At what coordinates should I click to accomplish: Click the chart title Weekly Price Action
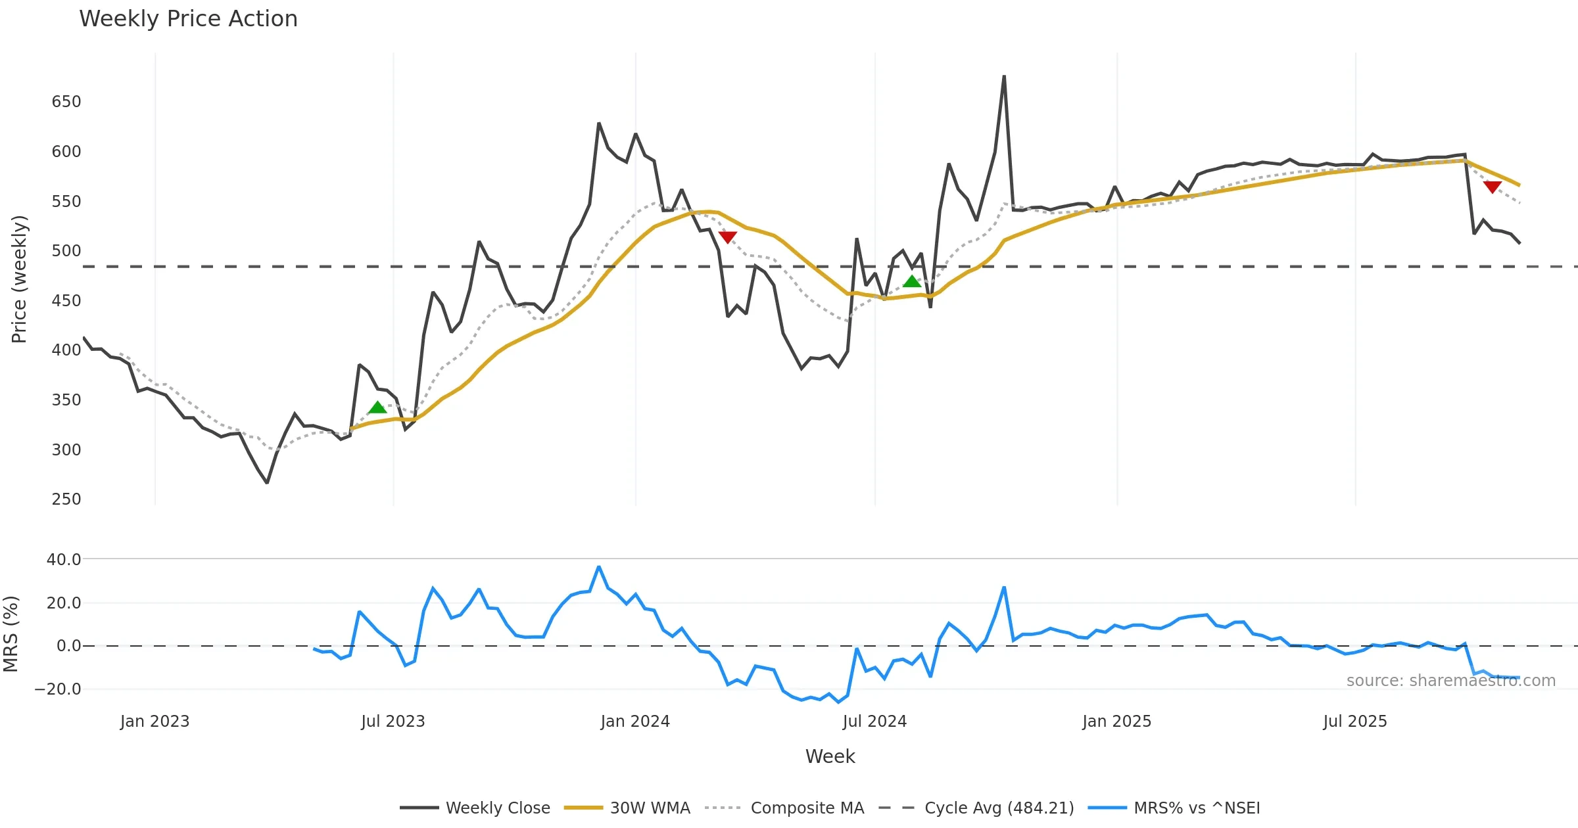(188, 19)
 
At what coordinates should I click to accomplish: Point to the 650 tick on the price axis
(66, 102)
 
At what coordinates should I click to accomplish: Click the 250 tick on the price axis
(66, 499)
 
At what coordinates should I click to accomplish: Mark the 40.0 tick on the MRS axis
(64, 560)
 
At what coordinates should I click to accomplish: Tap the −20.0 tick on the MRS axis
(58, 689)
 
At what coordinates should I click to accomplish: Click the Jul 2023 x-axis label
(393, 722)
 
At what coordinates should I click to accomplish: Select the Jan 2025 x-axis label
(1116, 722)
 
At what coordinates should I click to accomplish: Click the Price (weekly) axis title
(19, 279)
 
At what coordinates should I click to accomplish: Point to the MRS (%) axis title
(11, 634)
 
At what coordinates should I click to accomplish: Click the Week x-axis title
(830, 757)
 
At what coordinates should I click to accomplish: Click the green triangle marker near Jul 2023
(377, 407)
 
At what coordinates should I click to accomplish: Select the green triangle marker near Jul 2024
(912, 281)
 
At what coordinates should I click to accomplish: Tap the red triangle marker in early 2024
(728, 237)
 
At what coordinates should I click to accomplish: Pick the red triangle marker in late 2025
(1493, 187)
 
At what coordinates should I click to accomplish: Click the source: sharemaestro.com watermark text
(1450, 681)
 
